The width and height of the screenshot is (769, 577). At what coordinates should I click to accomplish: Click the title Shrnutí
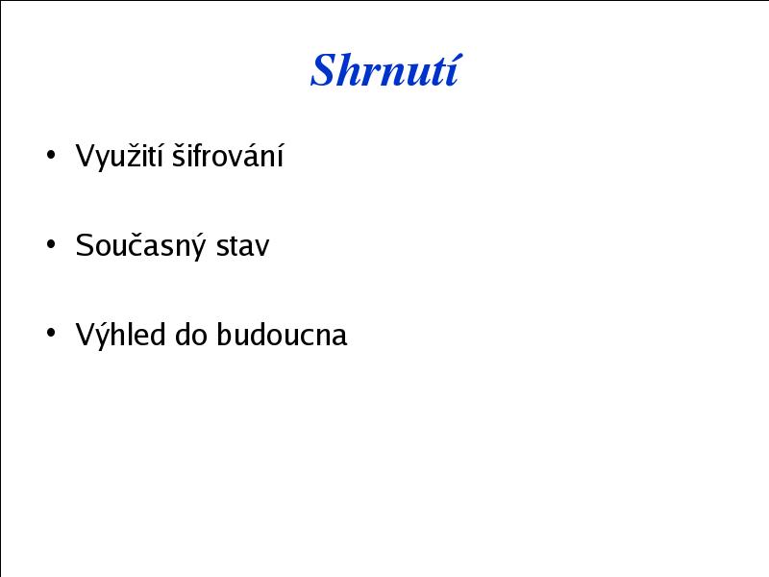pos(386,69)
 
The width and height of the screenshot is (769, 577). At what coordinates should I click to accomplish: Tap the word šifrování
pos(228,155)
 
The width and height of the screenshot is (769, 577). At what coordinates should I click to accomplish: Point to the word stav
pos(243,246)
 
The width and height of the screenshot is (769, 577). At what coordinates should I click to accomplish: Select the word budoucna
pos(282,335)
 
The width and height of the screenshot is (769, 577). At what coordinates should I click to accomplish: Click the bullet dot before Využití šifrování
pos(51,155)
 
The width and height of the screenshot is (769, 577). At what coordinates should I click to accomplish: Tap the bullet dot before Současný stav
pos(51,244)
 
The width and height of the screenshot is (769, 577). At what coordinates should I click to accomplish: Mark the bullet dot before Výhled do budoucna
pos(51,333)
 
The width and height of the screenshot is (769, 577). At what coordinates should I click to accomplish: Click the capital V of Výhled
pos(86,335)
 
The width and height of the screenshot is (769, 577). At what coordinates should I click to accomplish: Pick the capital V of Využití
pos(86,156)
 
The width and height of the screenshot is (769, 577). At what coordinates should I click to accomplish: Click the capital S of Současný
pos(85,245)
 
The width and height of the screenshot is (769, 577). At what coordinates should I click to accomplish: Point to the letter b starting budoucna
pos(224,335)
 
